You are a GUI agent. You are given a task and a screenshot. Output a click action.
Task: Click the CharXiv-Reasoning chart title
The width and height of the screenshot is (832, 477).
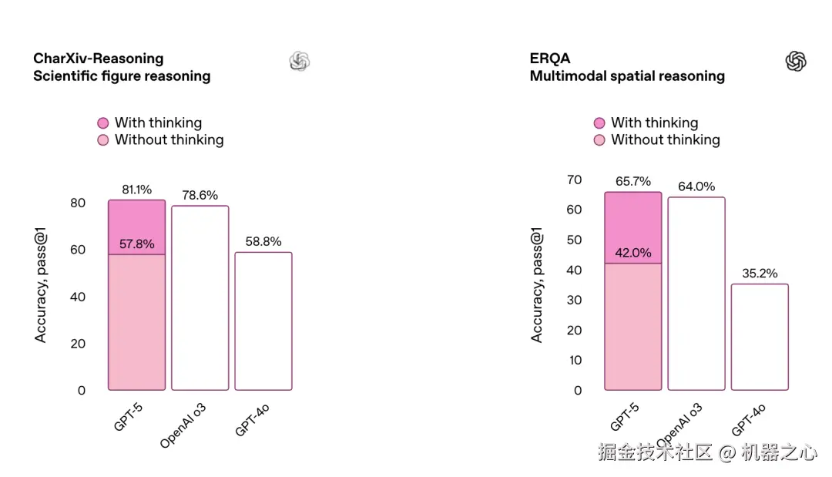click(99, 59)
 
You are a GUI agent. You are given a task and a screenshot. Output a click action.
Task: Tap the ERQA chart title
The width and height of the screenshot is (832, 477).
click(550, 59)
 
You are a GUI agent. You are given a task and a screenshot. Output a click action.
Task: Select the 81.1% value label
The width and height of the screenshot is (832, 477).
click(136, 190)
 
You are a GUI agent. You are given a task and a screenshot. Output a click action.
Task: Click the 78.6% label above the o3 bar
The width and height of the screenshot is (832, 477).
click(200, 195)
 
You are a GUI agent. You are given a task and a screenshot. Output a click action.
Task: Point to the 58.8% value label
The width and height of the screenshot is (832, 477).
click(263, 242)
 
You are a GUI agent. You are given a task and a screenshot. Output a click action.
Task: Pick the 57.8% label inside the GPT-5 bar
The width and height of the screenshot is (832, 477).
click(136, 244)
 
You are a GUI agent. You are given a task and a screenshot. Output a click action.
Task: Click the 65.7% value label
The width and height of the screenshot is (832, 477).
click(633, 182)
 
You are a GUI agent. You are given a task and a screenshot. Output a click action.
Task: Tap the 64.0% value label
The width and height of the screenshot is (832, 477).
click(696, 186)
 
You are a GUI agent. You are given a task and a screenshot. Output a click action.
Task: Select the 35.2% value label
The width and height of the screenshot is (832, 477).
click(760, 274)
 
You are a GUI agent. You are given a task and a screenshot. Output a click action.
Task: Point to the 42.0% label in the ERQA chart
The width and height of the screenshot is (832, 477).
click(633, 253)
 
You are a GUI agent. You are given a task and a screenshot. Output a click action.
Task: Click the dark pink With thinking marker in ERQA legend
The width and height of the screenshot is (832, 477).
click(599, 123)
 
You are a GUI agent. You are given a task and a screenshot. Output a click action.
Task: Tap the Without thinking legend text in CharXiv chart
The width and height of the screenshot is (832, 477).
click(169, 140)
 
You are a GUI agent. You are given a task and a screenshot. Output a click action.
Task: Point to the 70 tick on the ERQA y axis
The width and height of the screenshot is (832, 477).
click(574, 180)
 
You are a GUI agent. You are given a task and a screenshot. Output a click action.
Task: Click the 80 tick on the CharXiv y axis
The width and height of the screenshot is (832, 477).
click(78, 203)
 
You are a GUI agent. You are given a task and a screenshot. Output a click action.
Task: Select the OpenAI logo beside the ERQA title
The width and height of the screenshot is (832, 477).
click(796, 62)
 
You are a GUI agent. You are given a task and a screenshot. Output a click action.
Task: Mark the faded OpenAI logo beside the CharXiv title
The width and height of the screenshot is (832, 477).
click(300, 62)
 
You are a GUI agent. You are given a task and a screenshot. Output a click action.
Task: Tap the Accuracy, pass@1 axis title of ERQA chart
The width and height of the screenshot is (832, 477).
click(537, 285)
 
